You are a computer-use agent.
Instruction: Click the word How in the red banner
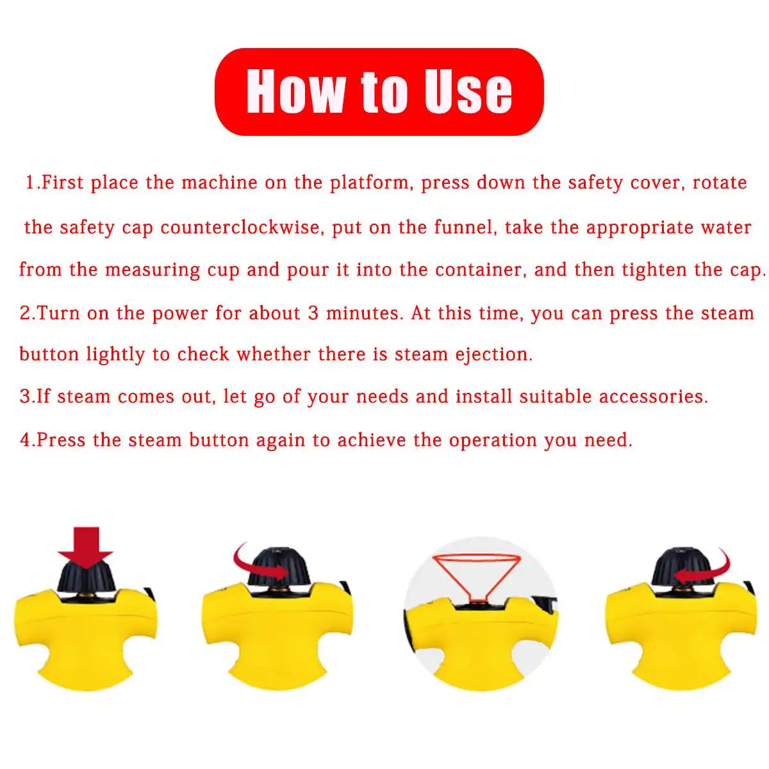tap(294, 91)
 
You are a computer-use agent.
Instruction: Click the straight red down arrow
tap(85, 545)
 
